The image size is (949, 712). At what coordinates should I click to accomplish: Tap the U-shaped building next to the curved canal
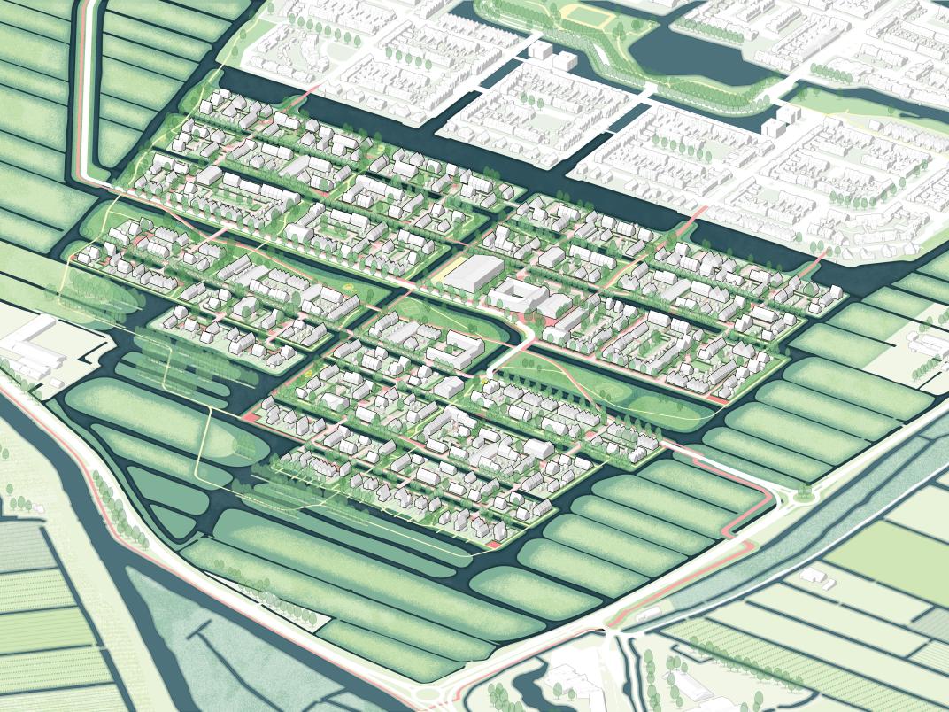[x=455, y=351]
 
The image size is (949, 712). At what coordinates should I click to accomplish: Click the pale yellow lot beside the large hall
[x=448, y=266]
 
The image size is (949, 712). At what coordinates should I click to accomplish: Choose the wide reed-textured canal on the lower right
[x=797, y=549]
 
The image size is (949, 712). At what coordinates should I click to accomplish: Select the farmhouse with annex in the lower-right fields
[x=820, y=577]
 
